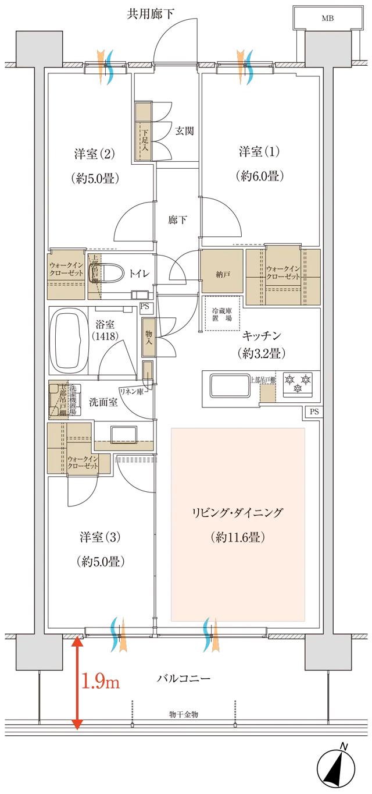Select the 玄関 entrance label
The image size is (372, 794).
[184, 130]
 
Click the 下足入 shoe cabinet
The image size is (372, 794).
[143, 132]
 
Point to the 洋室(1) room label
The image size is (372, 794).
[259, 152]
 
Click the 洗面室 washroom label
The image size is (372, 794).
[103, 402]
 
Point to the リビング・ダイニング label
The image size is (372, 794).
[237, 513]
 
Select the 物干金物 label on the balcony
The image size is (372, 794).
[184, 714]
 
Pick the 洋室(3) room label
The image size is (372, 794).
[96, 536]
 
